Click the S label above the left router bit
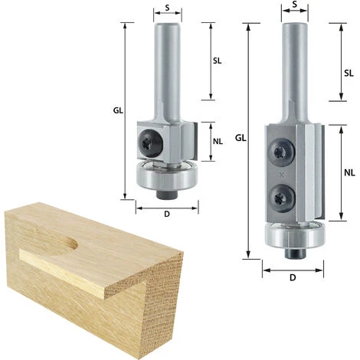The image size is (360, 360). point(168,8)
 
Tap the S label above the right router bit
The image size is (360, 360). point(294,7)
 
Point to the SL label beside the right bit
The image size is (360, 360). point(349,73)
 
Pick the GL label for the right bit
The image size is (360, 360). point(240,138)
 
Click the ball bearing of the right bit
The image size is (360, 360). point(293,234)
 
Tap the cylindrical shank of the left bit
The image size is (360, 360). point(167,65)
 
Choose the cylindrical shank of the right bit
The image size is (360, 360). point(294,69)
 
